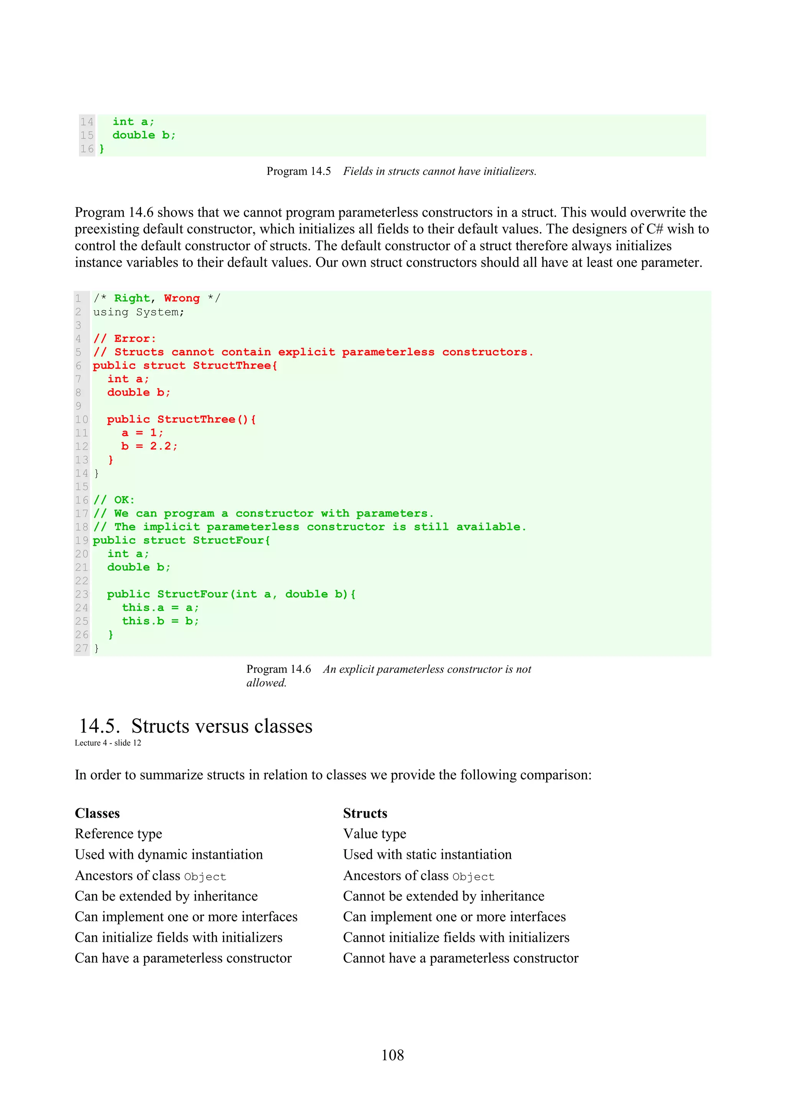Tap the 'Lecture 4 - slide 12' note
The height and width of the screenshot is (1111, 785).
(x=108, y=743)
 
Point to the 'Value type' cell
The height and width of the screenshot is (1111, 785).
(x=374, y=834)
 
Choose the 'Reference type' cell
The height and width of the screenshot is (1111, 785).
(x=118, y=834)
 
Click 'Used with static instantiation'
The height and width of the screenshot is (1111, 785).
(x=427, y=855)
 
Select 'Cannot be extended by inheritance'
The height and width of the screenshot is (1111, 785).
(x=443, y=896)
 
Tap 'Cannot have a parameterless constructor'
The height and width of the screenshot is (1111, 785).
(x=460, y=958)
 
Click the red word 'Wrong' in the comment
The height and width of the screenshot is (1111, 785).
(x=181, y=298)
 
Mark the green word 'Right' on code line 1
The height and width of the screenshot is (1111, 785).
(x=131, y=298)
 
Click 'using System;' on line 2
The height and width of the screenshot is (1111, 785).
(x=138, y=312)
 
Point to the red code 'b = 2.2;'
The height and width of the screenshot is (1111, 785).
(x=149, y=446)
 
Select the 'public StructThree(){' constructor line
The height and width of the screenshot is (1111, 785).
(x=181, y=419)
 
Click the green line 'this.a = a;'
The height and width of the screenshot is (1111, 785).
(x=160, y=607)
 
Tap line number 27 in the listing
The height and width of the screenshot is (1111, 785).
(x=82, y=648)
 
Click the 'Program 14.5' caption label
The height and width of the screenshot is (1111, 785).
(x=299, y=171)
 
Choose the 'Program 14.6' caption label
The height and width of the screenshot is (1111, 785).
(x=279, y=669)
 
